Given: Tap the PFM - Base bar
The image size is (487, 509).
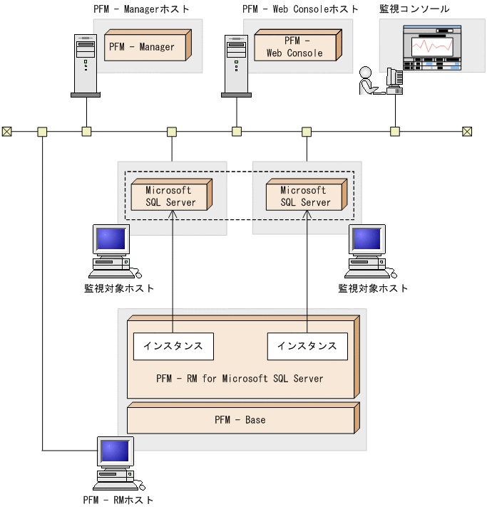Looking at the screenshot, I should pyautogui.click(x=240, y=420).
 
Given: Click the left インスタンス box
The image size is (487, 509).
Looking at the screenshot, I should pyautogui.click(x=173, y=347).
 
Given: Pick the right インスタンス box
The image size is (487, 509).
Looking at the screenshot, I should pyautogui.click(x=307, y=347).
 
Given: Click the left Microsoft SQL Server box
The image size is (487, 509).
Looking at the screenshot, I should pyautogui.click(x=168, y=196).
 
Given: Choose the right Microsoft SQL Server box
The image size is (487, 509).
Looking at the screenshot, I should pyautogui.click(x=305, y=196).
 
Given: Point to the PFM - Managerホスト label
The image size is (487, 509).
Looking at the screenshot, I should pyautogui.click(x=142, y=9).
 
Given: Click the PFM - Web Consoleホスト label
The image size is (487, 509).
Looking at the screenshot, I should pyautogui.click(x=299, y=9).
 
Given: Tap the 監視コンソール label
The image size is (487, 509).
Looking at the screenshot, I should pyautogui.click(x=415, y=9).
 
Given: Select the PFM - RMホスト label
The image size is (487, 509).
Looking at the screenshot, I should pyautogui.click(x=118, y=500).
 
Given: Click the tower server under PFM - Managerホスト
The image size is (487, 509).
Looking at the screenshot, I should pyautogui.click(x=86, y=65).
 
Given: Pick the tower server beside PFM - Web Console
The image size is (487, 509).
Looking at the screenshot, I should pyautogui.click(x=236, y=65).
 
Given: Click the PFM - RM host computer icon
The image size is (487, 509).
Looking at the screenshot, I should pyautogui.click(x=114, y=463).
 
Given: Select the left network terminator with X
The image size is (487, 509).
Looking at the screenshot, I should pyautogui.click(x=7, y=131).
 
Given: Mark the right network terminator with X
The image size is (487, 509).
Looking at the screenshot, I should pyautogui.click(x=467, y=131).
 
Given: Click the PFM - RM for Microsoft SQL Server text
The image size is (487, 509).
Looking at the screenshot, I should pyautogui.click(x=240, y=379).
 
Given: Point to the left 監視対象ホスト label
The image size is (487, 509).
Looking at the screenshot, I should pyautogui.click(x=119, y=288).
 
